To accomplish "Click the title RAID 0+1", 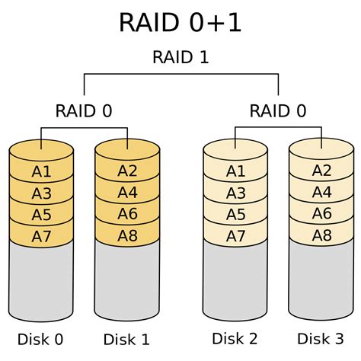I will point(180,22).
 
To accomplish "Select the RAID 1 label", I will point(180,57).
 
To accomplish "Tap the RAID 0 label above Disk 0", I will point(84,111).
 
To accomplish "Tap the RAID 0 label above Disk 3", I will point(278,111).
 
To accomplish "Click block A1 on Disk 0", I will point(42,171).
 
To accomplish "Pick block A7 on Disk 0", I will point(42,237).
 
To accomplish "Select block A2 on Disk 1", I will point(127,171).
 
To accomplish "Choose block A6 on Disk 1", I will point(127,215).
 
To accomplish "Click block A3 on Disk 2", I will point(236,193).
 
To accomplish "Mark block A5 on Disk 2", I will point(236,215).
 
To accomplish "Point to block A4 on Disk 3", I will point(322,193).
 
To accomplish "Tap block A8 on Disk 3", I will point(322,236).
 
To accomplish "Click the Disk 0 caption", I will point(41,337).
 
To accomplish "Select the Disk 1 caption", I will point(127,337).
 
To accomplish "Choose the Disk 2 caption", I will point(236,337).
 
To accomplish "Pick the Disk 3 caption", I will point(322,337).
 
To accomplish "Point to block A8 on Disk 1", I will point(127,236).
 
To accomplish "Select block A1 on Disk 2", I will point(236,171).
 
